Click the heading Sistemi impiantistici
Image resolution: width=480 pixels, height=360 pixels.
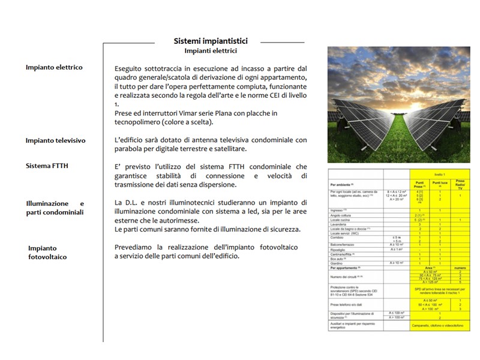[x=211, y=41]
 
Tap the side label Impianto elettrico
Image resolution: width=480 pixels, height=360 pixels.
[x=54, y=67]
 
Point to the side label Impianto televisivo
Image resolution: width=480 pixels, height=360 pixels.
[x=55, y=140]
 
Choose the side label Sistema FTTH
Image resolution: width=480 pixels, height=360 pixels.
[x=47, y=166]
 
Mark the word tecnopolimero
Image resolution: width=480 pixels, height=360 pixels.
[x=142, y=122]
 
